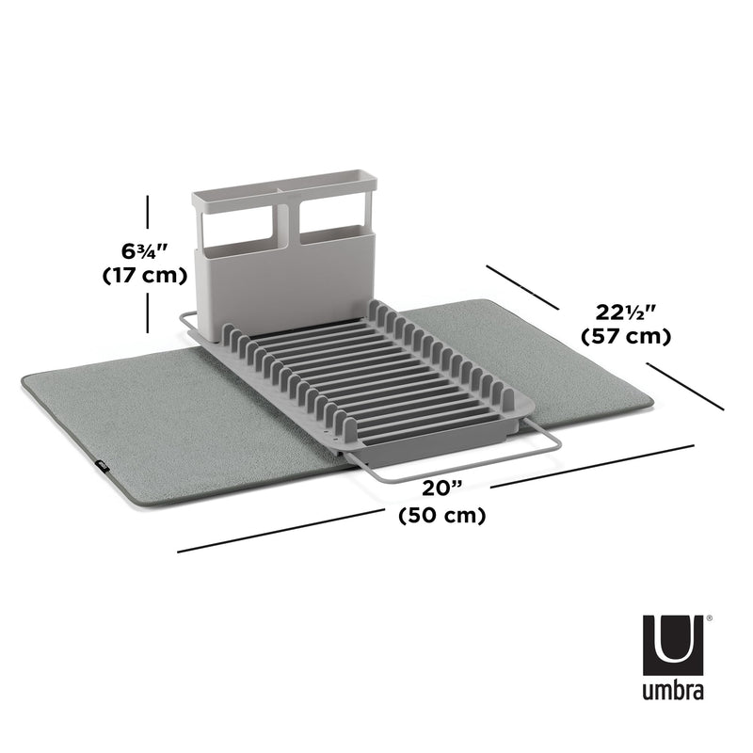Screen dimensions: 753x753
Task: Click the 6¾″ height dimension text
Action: [x=144, y=251]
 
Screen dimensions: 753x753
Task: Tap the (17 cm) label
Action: [x=144, y=276]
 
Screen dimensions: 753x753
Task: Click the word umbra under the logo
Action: [x=673, y=693]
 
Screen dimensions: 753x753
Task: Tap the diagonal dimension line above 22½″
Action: [x=523, y=286]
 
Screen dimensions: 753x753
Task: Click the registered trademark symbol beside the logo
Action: [x=708, y=618]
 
